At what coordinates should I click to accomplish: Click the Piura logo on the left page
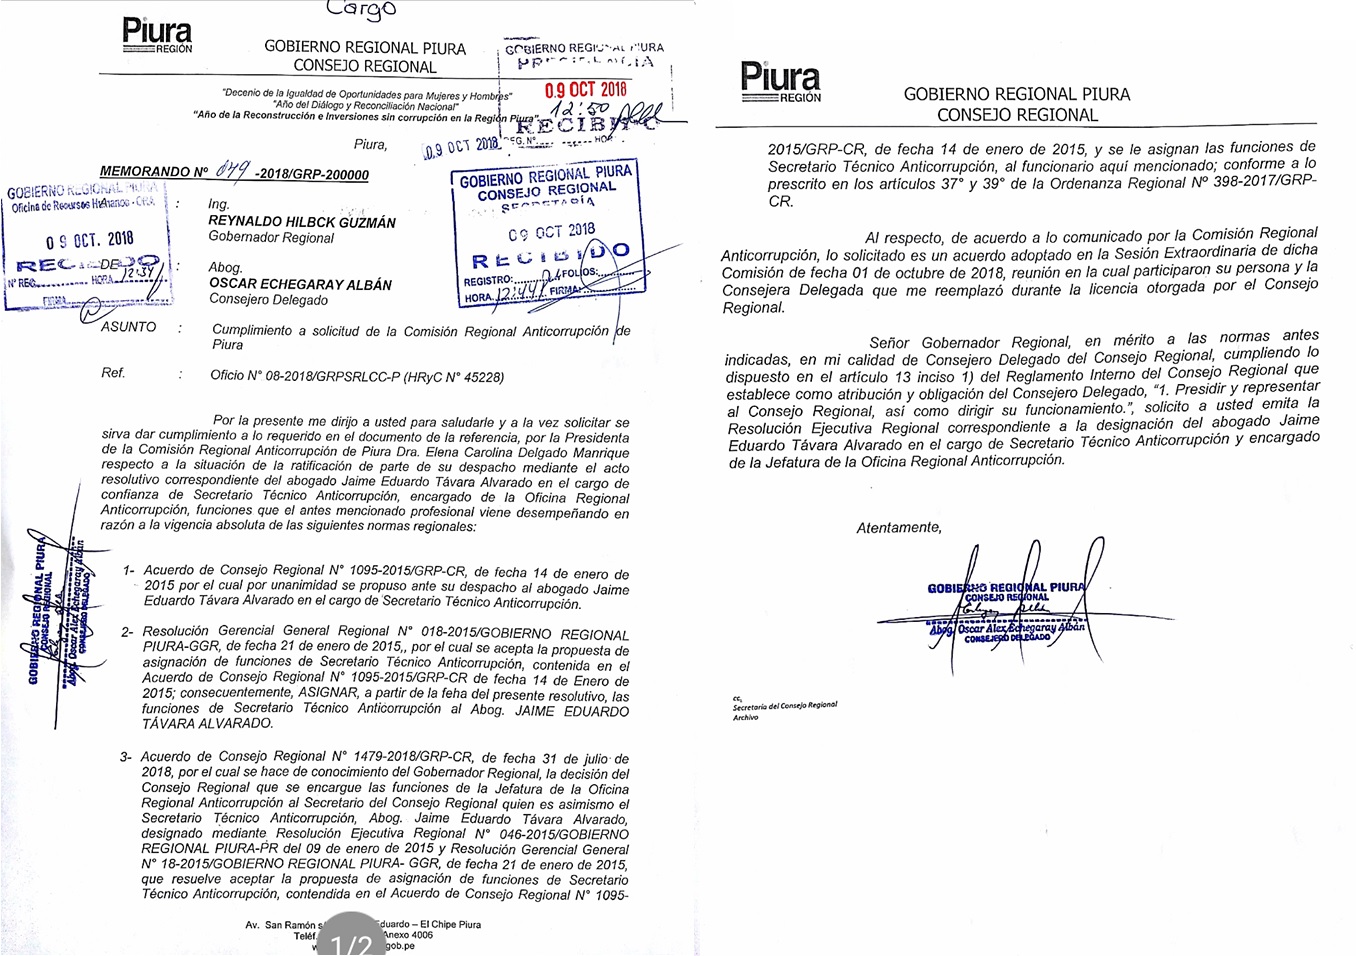(157, 35)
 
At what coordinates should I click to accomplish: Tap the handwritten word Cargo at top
(362, 10)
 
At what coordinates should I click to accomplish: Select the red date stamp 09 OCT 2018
(585, 90)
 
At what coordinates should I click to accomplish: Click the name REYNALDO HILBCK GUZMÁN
(301, 221)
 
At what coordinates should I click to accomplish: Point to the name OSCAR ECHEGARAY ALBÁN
(300, 284)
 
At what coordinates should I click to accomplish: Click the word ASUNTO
(129, 327)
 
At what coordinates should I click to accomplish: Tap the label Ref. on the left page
(113, 373)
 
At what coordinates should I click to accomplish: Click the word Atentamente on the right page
(898, 527)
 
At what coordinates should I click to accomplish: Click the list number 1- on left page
(129, 570)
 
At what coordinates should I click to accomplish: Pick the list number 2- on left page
(127, 632)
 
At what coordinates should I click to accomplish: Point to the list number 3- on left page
(126, 757)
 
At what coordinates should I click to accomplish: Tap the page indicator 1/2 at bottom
(351, 942)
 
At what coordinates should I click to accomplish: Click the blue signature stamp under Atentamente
(1005, 608)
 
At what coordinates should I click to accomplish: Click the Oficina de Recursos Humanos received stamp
(86, 243)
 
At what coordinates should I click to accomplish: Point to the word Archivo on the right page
(746, 717)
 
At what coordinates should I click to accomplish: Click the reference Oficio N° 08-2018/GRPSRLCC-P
(357, 377)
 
